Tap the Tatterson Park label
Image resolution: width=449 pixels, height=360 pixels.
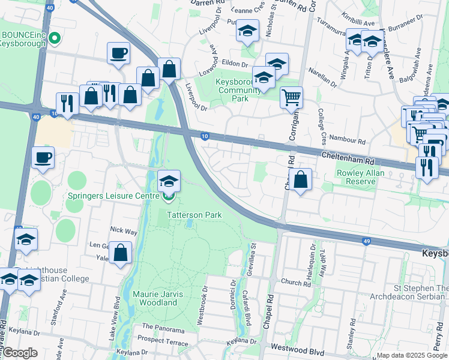pos(194,215)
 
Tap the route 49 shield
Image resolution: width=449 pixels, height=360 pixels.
pos(366,241)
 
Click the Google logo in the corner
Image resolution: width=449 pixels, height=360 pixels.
pos(19,353)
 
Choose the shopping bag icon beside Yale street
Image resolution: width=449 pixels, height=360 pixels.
pos(121,253)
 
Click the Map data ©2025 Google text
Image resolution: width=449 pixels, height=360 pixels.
pos(412,355)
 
